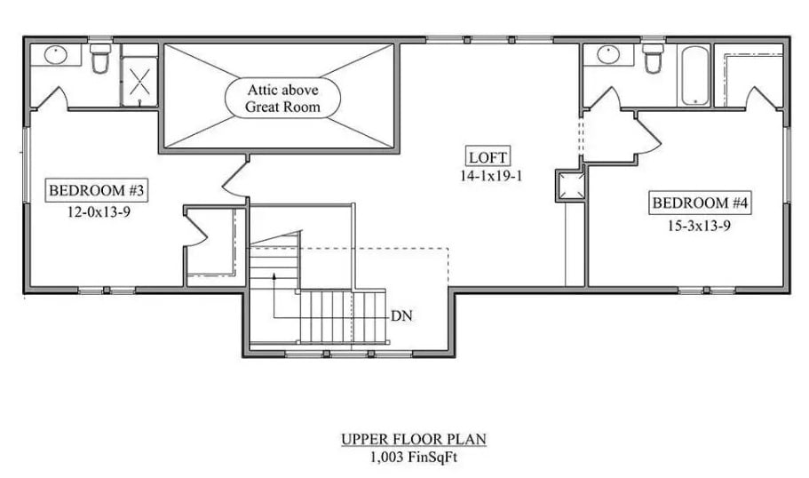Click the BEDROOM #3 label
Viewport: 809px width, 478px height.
point(96,189)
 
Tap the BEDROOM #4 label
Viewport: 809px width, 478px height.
point(702,203)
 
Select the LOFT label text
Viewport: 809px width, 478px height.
point(488,158)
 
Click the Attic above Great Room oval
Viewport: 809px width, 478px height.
point(282,99)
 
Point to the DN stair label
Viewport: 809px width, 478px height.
point(401,315)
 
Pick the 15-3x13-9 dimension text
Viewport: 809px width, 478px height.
point(700,226)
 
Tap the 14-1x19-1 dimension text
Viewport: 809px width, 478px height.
point(488,176)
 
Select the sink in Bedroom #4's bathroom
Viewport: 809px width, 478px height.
point(609,53)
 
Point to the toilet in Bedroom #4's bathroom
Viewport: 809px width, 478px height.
point(654,59)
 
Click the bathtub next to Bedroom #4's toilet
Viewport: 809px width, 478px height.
point(693,76)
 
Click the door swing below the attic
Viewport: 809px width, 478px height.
point(234,177)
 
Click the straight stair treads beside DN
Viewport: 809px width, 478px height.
point(342,316)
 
